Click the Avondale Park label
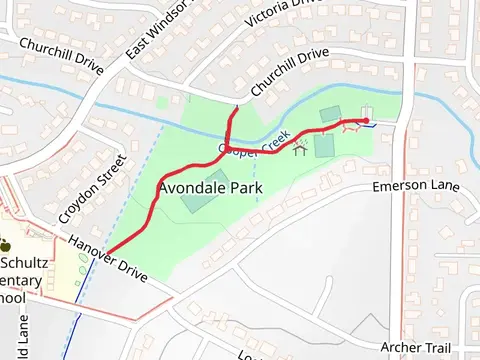point(210,187)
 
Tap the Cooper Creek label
point(254,147)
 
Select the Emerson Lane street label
point(415,187)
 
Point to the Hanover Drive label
point(107,257)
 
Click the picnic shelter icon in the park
point(298,151)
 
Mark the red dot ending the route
point(366,122)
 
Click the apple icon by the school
point(5,244)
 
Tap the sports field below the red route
point(196,203)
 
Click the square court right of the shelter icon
point(324,146)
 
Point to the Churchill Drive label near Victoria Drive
point(290,74)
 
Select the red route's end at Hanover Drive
point(107,251)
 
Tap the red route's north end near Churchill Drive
point(235,108)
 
